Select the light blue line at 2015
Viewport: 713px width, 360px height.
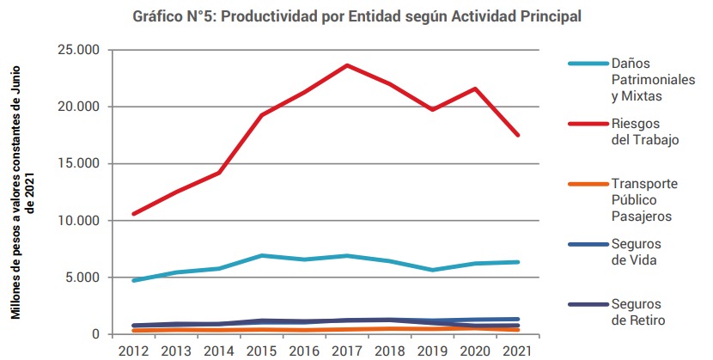click(261, 256)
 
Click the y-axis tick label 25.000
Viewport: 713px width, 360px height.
click(76, 50)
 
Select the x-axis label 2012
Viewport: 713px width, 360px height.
click(133, 351)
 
